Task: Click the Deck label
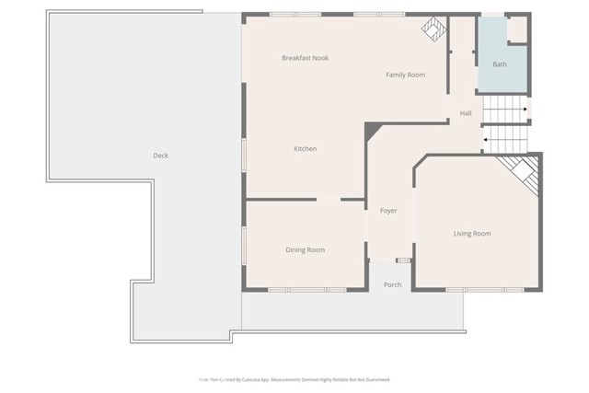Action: coord(160,156)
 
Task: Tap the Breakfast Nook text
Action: coord(305,58)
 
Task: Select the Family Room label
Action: coord(404,75)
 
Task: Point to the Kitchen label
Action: coord(305,149)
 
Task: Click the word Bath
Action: coord(499,64)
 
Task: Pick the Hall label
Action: coord(466,113)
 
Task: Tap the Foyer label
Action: coord(388,211)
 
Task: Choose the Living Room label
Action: coord(472,234)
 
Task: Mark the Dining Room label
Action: coord(305,249)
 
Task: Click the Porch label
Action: coord(392,285)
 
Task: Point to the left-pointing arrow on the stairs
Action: coord(486,140)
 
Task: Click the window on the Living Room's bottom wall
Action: coord(469,290)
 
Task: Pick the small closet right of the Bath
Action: coord(517,29)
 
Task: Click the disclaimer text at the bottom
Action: coord(294,379)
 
